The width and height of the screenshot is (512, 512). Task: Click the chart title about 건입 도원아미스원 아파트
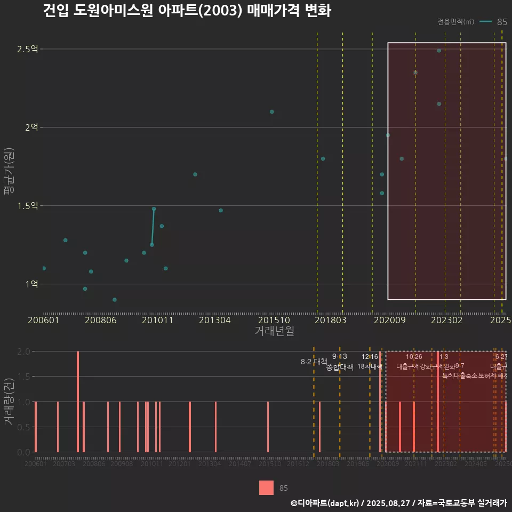pos(187,11)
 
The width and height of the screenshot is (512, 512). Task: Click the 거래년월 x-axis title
pos(274,331)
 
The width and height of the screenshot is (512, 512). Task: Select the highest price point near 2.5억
pos(439,51)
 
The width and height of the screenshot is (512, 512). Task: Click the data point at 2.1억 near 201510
pos(271,112)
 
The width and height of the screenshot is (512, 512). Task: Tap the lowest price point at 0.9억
pos(114,300)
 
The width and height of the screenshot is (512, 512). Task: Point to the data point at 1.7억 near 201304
pos(195,174)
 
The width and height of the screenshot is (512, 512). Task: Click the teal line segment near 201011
pos(153,227)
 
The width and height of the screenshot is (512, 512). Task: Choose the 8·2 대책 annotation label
pos(314,362)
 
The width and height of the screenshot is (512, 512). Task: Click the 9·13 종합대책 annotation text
pos(340,362)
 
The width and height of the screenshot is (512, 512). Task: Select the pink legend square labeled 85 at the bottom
pos(266,488)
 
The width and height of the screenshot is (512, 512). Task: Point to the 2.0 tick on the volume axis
pos(23,351)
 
